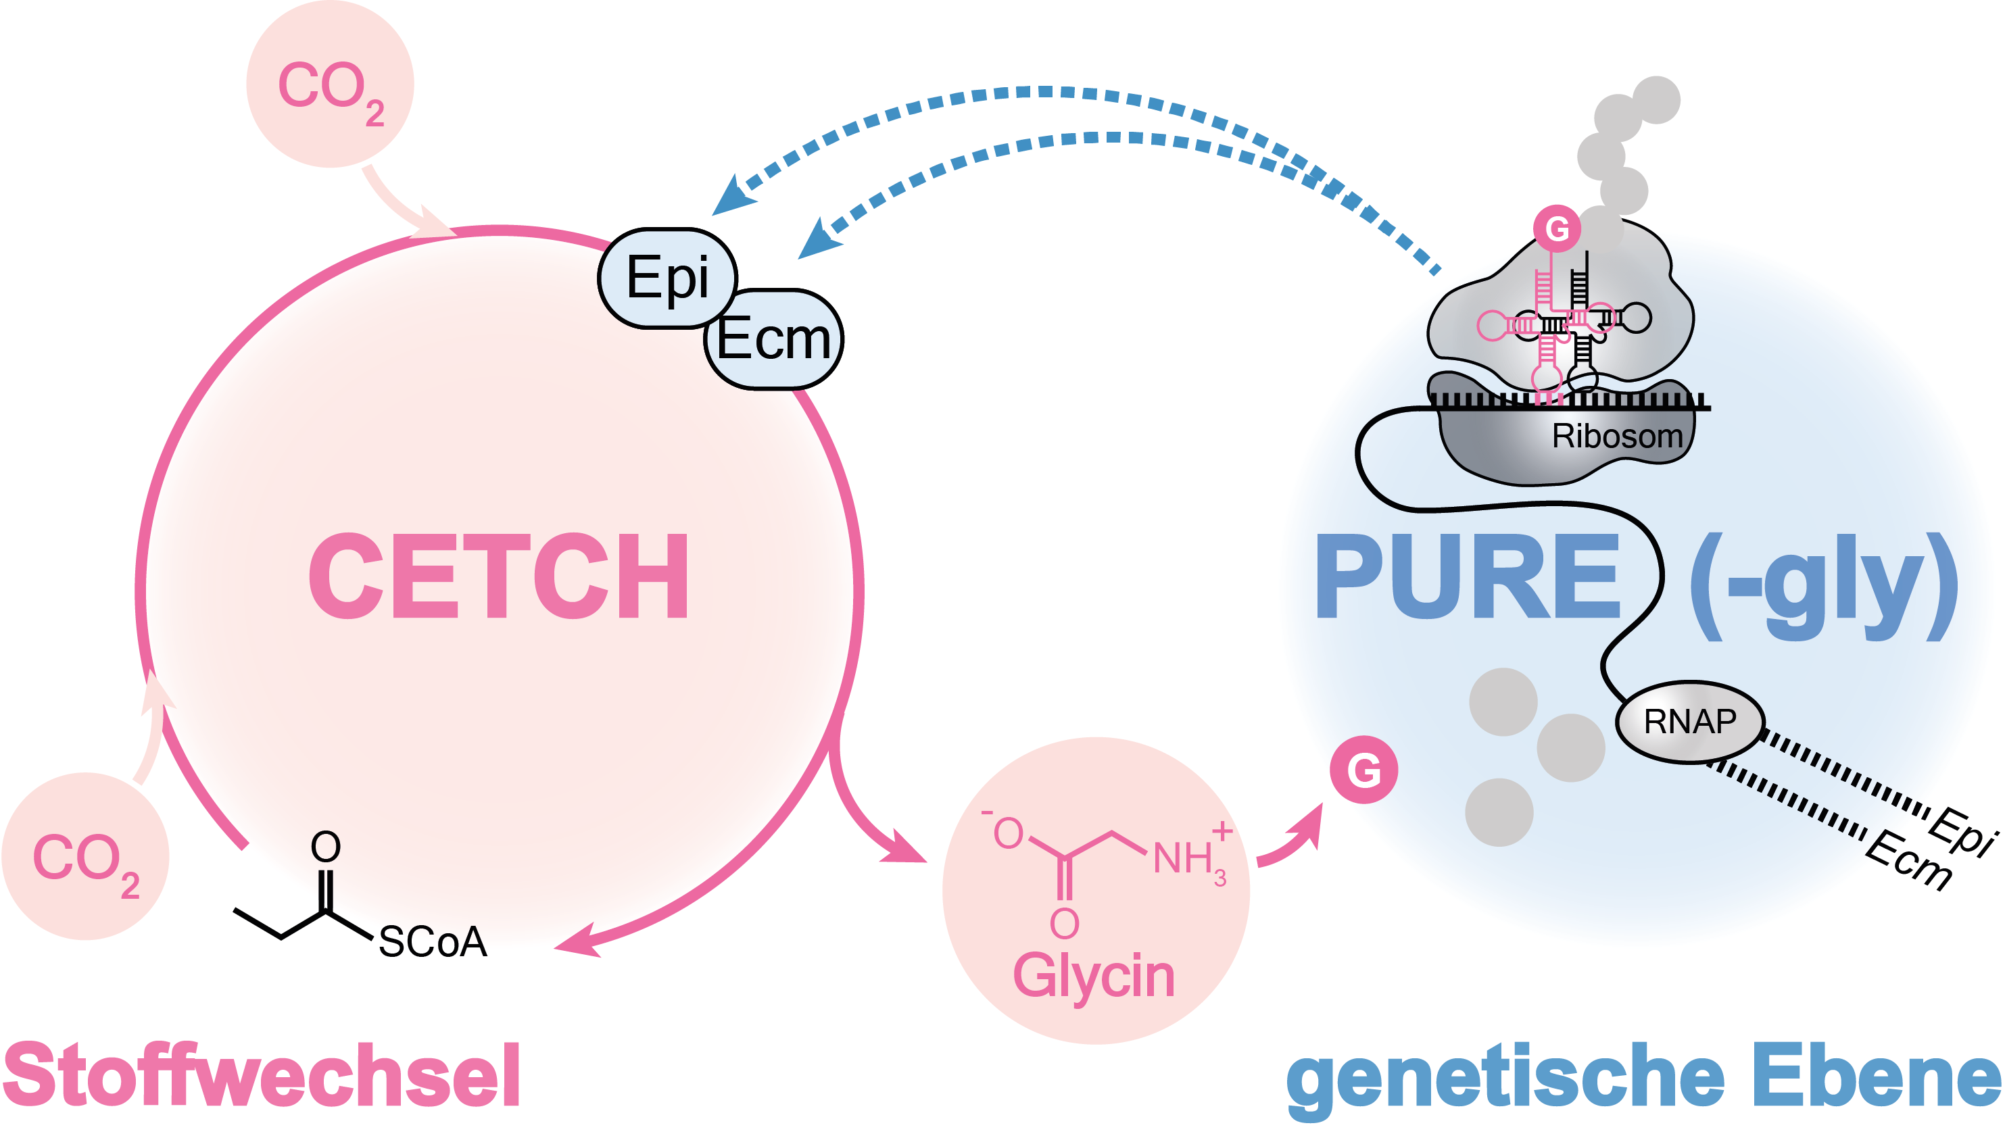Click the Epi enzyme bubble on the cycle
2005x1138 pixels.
(667, 278)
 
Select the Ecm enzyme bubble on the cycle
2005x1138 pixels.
(773, 339)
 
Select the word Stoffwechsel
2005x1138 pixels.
(262, 1077)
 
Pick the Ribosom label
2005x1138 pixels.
(1616, 436)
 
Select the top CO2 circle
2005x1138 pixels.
(330, 84)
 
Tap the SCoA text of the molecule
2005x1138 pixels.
(432, 942)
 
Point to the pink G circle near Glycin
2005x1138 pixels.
(1363, 770)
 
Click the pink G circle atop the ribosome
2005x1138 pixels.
(1556, 229)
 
